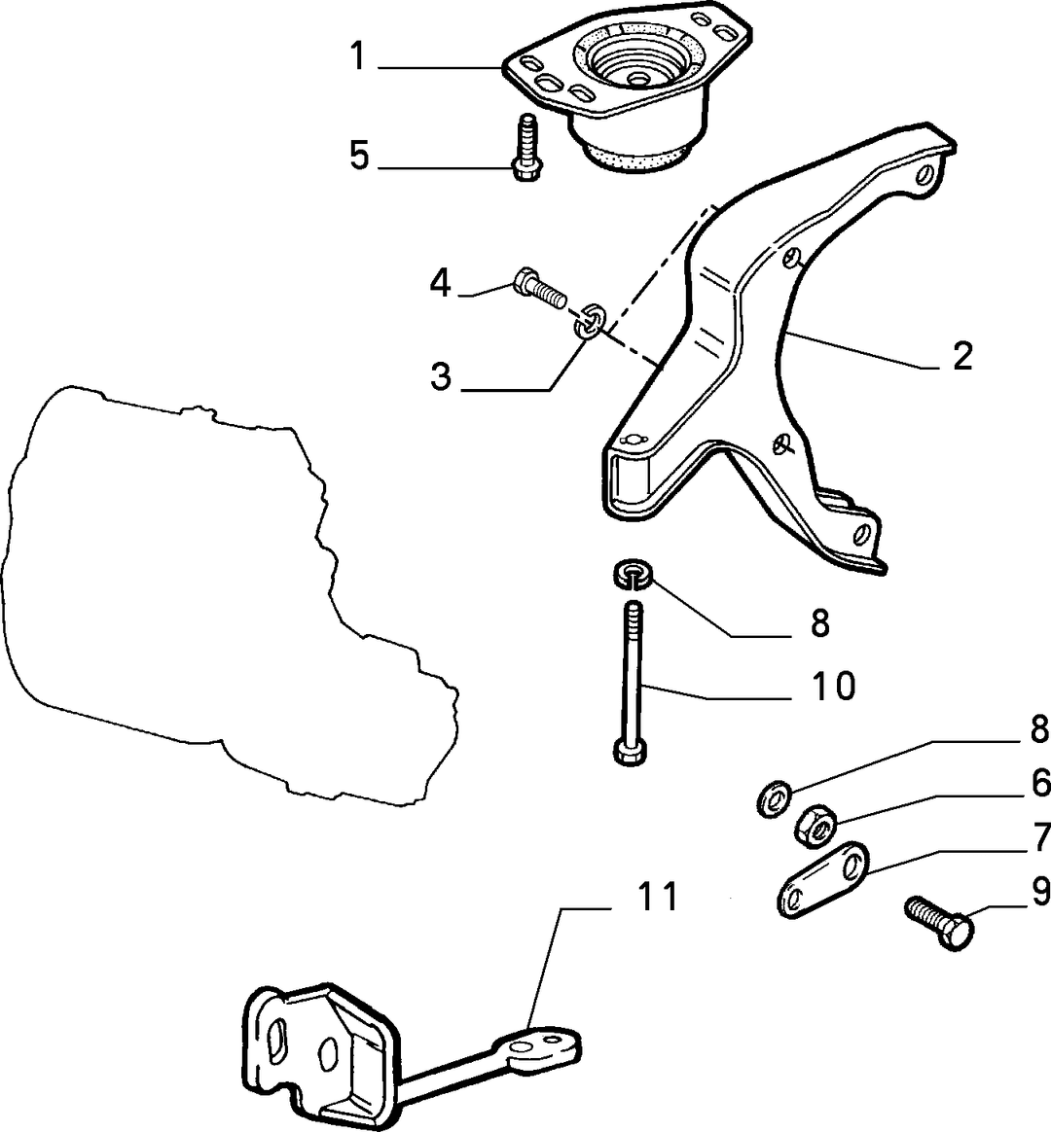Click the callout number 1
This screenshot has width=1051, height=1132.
(358, 56)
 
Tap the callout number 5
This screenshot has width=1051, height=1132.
(359, 156)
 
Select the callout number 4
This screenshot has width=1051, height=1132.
(440, 283)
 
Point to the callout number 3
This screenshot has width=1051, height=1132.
(441, 376)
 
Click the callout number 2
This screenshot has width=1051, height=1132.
(962, 356)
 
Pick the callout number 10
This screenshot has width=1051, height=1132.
(832, 686)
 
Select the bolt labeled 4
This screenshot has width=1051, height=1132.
(539, 289)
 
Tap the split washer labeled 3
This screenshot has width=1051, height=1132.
(590, 321)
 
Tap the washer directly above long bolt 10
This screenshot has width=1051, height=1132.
(633, 574)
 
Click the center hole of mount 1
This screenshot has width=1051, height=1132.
(636, 77)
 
